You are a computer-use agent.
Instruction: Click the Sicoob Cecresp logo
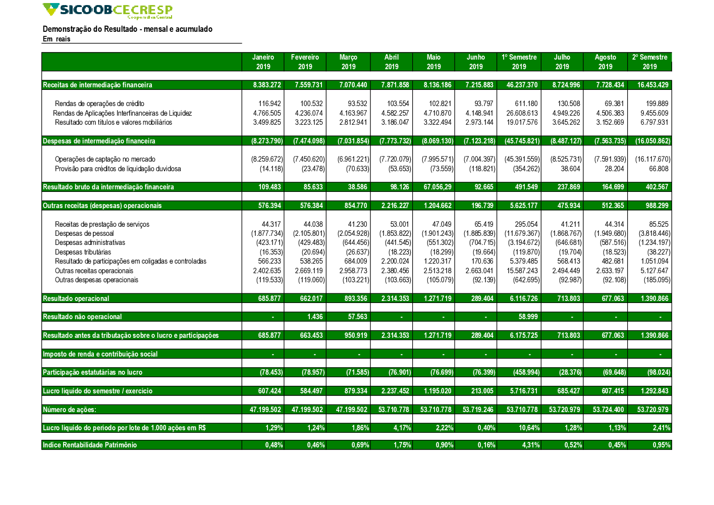pos(107,11)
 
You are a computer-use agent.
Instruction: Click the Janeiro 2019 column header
pos(263,62)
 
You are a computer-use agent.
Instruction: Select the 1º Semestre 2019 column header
pos(519,62)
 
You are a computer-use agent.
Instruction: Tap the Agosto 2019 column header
pos(605,62)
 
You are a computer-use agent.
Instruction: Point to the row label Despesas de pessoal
pos(84,233)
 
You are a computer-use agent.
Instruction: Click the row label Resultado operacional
pos(76,298)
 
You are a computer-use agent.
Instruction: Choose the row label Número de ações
pos(69,410)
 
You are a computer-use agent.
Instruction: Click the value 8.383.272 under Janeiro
pos(267,85)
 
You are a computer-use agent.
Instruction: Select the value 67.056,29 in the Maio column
pos(437,187)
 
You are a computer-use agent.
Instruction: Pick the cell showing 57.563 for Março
pos(357,317)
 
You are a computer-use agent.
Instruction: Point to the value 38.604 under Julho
pos(570,169)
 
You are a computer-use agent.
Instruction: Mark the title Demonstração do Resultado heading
pos(127,29)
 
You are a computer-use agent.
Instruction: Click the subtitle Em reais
pos(57,39)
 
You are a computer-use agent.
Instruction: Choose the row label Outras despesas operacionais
pos(96,280)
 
